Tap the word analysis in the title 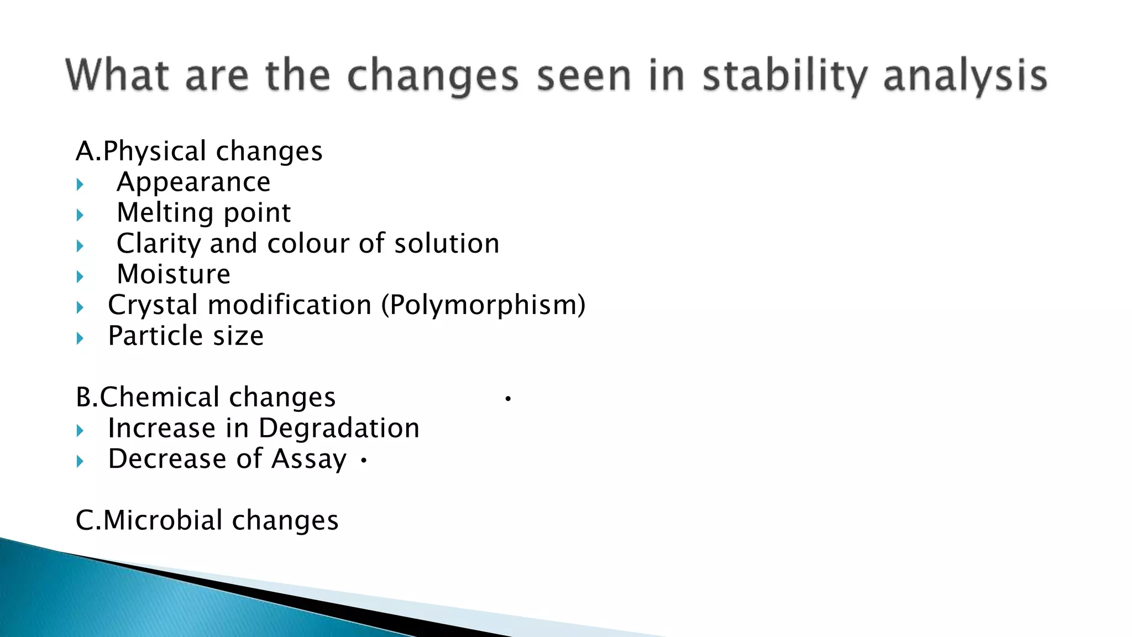[x=965, y=76]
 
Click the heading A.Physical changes [x=199, y=151]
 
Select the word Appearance [x=193, y=182]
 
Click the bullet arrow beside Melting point [x=80, y=215]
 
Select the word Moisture [x=174, y=274]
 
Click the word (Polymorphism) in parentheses [x=484, y=305]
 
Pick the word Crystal [x=153, y=305]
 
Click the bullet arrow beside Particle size [x=80, y=338]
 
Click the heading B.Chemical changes [x=206, y=398]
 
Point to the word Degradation [x=339, y=429]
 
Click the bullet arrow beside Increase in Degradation [x=80, y=431]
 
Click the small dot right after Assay [x=363, y=460]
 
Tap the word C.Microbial [x=149, y=520]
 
